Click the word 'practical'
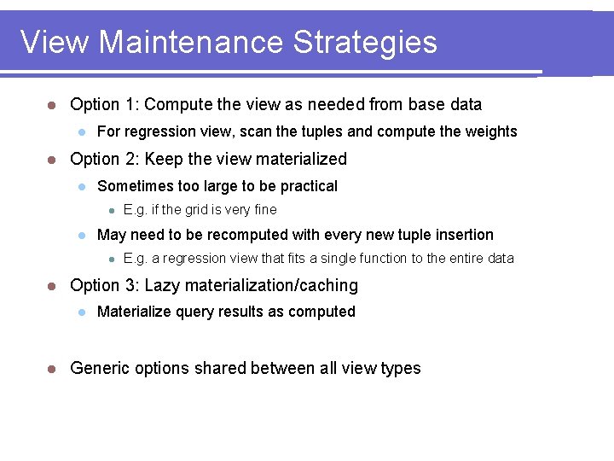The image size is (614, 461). tap(307, 186)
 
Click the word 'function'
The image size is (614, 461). tap(380, 259)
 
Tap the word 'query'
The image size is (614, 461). tap(195, 312)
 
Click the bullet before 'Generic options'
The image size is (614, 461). tap(51, 369)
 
